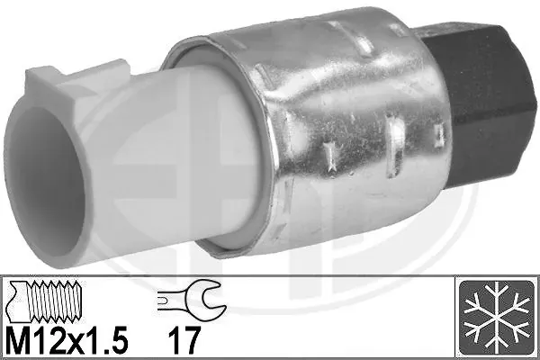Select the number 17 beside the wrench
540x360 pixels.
[x=184, y=340]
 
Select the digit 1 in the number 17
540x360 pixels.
[x=175, y=340]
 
